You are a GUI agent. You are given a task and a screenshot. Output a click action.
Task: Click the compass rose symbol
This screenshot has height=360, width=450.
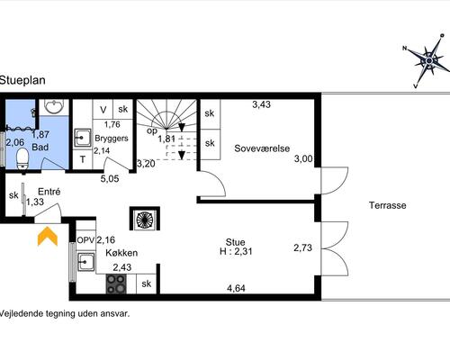[x=428, y=61]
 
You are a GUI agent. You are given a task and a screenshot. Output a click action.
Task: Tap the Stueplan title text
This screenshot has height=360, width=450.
[x=22, y=80]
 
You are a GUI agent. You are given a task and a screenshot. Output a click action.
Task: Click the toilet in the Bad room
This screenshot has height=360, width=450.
[x=22, y=161]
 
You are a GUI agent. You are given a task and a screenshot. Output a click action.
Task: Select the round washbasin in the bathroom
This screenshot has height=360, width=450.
[x=54, y=106]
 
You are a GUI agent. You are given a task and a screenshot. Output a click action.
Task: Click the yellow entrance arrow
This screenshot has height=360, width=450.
[x=48, y=237]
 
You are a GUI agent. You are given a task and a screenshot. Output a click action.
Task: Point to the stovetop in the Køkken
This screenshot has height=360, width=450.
[x=116, y=283]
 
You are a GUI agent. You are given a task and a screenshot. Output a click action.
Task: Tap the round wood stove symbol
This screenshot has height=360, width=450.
[x=145, y=219]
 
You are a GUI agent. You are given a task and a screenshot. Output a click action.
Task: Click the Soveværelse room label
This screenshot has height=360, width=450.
[x=262, y=148]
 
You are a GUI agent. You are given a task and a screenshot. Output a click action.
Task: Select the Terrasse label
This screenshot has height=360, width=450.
[x=388, y=205]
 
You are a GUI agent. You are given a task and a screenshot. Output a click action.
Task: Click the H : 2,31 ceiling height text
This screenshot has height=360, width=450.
[x=236, y=251]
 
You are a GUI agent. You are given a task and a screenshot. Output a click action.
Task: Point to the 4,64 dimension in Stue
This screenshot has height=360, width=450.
[x=236, y=288]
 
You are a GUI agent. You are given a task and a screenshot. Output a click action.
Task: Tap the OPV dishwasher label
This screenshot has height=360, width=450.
[x=85, y=240]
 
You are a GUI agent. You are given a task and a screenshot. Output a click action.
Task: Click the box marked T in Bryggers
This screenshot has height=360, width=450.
[x=83, y=159]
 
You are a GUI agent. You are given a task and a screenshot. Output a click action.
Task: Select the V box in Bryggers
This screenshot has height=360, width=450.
[x=103, y=110]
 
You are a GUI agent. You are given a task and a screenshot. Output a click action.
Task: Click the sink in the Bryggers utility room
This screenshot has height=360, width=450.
[x=82, y=138]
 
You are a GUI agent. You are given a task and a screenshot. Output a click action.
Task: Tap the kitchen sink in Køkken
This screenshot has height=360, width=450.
[x=85, y=262]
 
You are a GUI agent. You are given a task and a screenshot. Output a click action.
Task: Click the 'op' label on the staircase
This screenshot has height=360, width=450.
[x=152, y=131]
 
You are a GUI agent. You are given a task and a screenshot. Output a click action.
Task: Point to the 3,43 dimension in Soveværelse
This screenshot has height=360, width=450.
[x=261, y=104]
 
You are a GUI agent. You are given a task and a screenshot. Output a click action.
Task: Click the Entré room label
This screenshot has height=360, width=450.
[x=49, y=192]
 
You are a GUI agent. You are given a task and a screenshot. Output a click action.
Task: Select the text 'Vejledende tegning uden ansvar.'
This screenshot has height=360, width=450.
[x=65, y=314]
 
